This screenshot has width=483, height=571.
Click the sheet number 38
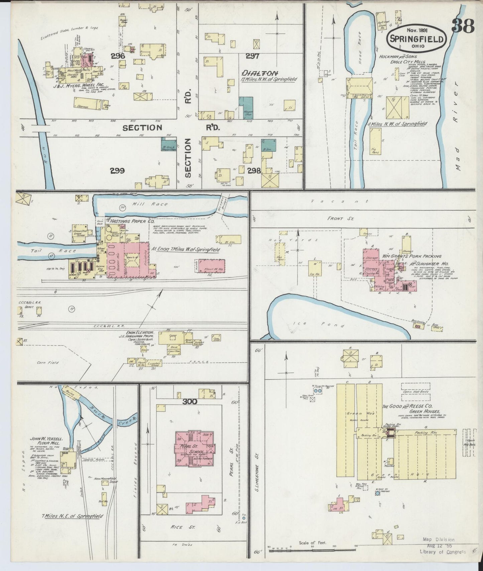463,26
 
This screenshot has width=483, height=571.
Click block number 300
190,402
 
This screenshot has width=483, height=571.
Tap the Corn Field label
48,362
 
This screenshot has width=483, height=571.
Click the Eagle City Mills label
407,62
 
